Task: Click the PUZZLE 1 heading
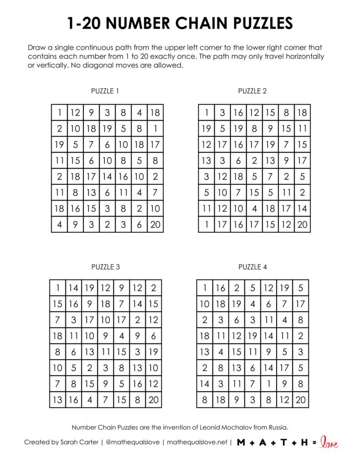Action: (105, 91)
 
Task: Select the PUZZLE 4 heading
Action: (253, 267)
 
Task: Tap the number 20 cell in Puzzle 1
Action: (155, 224)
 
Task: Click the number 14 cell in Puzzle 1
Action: (107, 177)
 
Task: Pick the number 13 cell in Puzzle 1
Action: (91, 193)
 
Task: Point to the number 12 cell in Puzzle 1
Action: (75, 112)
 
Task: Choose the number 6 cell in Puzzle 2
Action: (238, 161)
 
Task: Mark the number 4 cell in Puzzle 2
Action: (255, 209)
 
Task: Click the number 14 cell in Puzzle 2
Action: (303, 209)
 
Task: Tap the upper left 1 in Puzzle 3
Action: (58, 288)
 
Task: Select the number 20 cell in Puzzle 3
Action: (153, 400)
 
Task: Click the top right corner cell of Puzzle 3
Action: (153, 288)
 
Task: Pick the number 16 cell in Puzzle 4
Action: (221, 288)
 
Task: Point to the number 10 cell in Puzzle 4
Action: (205, 304)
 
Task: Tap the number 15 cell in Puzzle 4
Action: (237, 352)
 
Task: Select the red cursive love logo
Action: (330, 442)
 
